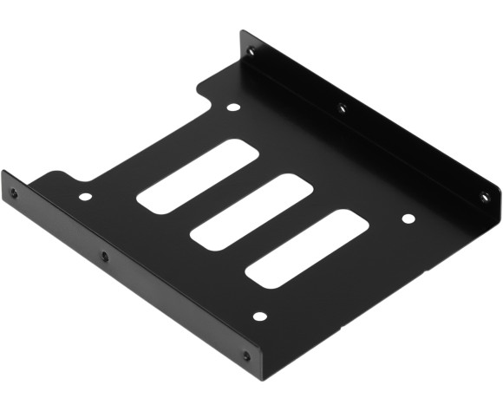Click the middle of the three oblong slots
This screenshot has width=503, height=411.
pos(251,212)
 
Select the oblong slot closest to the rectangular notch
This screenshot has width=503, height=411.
pos(198,176)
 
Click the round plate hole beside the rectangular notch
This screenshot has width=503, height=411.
pos(232,108)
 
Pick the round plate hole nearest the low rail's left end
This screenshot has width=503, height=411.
pos(85,197)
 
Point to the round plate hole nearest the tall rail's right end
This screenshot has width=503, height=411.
pos(408,219)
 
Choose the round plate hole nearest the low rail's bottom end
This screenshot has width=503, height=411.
pos(259,316)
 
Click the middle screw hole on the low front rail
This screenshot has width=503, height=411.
pos(105,256)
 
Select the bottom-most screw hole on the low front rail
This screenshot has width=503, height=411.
pos(246,356)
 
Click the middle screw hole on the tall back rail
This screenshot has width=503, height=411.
pos(343,108)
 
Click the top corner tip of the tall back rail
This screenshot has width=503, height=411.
pos(242,32)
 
